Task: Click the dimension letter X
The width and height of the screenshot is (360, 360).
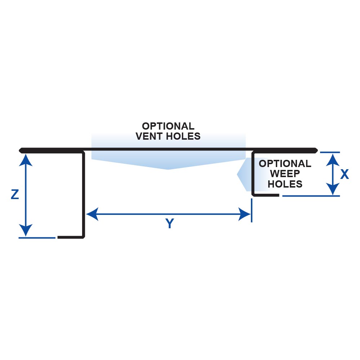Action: (345, 174)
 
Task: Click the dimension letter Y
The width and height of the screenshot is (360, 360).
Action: (169, 224)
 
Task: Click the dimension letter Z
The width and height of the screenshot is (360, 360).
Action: (15, 195)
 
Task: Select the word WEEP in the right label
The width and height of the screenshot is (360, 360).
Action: (285, 174)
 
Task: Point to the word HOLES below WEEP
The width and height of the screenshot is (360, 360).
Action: (285, 184)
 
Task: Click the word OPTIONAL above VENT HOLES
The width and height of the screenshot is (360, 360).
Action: (168, 126)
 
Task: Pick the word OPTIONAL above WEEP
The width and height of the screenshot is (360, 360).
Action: (285, 164)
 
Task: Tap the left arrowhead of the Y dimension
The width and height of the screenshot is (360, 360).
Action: (91, 215)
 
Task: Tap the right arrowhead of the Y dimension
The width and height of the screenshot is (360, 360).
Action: (245, 215)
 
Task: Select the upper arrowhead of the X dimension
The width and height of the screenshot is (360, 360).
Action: (333, 158)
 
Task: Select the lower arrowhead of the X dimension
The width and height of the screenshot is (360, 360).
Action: (333, 189)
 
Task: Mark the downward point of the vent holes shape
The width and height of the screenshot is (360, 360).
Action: (168, 169)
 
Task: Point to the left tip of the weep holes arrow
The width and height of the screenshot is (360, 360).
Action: (238, 174)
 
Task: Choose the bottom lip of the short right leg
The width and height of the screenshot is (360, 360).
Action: (266, 195)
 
